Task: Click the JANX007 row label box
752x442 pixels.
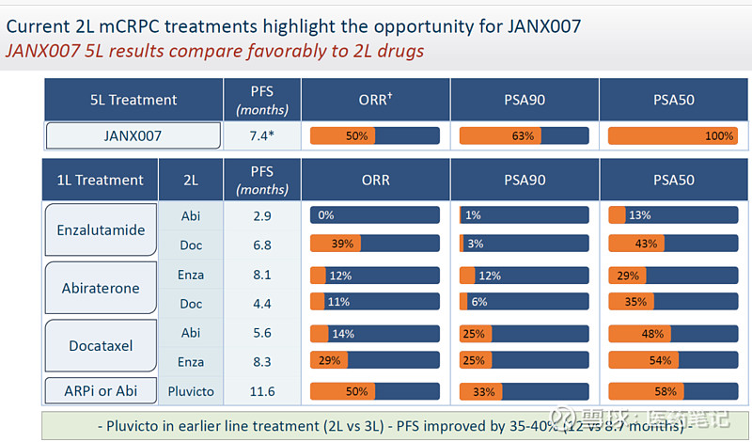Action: [x=133, y=135]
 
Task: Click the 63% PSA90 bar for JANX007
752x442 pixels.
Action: [x=524, y=135]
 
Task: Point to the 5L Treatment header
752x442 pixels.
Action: [x=133, y=100]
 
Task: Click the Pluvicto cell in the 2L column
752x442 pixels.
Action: [x=190, y=390]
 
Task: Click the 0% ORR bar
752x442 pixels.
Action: [x=375, y=215]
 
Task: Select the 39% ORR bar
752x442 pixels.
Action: [x=375, y=244]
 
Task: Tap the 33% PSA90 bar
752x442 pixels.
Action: [x=524, y=390]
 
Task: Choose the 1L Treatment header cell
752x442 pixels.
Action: [x=100, y=180]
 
